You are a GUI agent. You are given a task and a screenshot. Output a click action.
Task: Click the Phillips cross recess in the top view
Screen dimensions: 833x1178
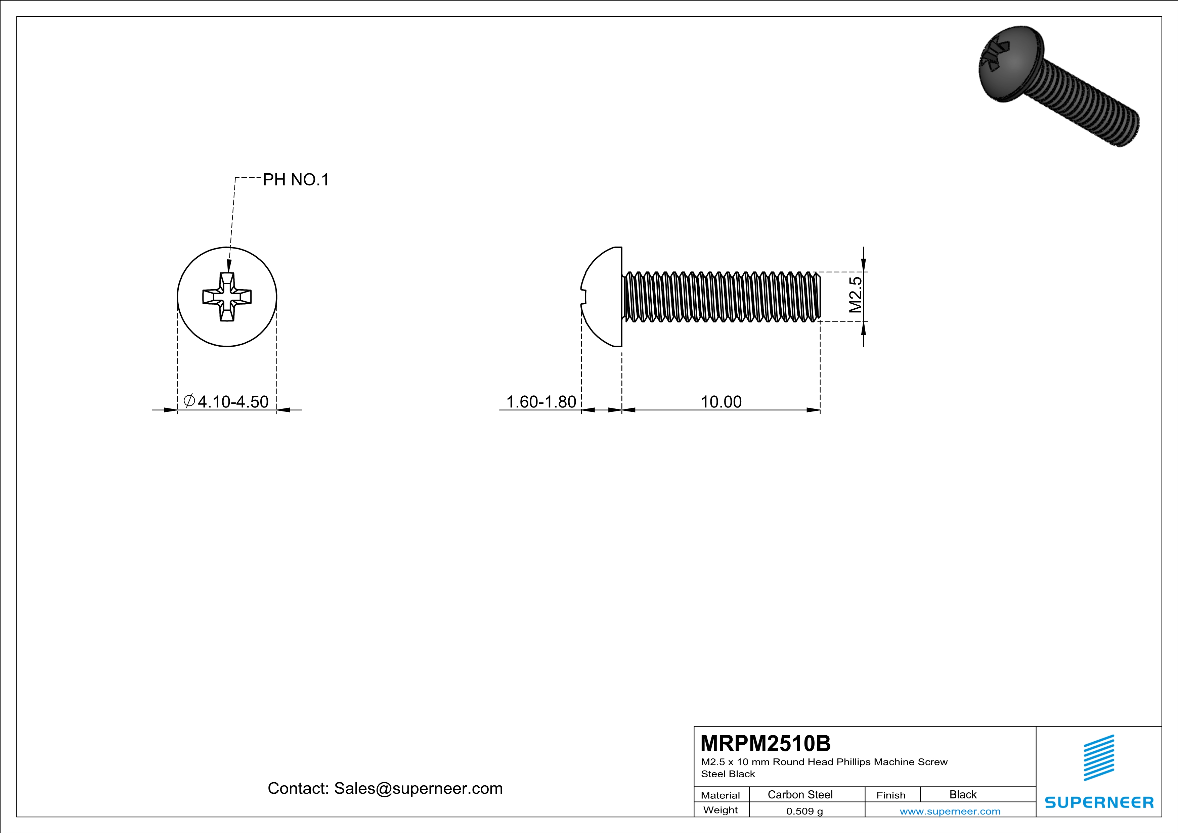coord(227,297)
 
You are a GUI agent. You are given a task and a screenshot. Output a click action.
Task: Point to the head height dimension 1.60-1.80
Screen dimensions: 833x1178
coord(541,402)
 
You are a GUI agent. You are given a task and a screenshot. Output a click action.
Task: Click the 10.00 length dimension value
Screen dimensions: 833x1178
coord(721,402)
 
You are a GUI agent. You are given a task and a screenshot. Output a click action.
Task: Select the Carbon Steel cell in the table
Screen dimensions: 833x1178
coord(800,794)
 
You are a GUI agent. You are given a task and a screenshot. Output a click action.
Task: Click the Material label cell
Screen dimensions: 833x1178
coord(721,795)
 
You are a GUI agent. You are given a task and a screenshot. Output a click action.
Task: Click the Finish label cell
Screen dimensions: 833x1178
coord(891,795)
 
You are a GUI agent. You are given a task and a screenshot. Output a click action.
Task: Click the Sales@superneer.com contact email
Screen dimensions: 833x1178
coord(418,788)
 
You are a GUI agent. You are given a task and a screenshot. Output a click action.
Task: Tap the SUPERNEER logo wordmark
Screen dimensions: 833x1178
coord(1099,802)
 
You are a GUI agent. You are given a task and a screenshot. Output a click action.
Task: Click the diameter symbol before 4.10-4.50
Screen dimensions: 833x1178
coord(189,401)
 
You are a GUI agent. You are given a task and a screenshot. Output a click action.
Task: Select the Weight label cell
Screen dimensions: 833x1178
coord(721,810)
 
